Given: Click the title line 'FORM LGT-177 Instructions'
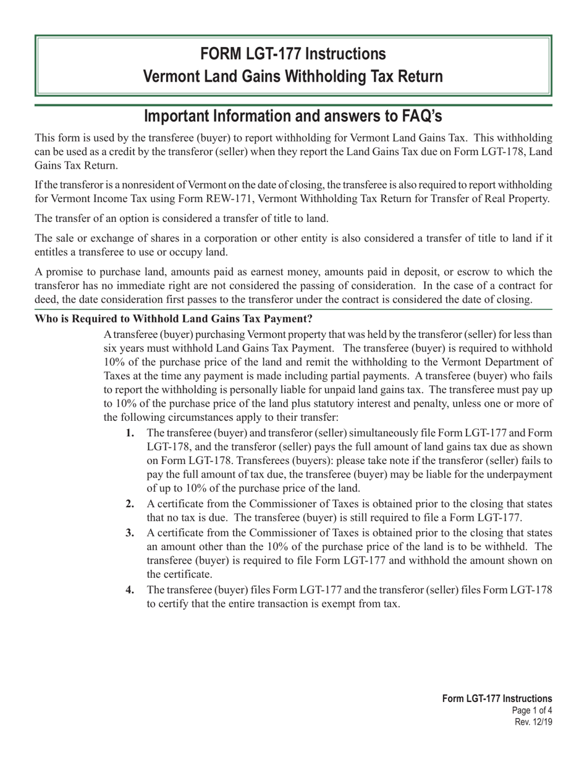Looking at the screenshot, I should pos(293,54).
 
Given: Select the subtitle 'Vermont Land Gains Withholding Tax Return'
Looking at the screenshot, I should pos(293,77).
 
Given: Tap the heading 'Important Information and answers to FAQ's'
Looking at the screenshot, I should pos(293,116).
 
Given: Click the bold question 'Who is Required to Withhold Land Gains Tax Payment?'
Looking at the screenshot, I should pos(174,319).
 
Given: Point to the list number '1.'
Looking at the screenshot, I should pos(130,433).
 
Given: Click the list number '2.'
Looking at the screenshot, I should pos(130,504).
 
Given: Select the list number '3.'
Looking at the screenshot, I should pos(130,533).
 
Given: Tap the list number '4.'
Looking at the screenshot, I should pos(130,589).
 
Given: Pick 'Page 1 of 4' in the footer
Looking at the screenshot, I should pos(533,711).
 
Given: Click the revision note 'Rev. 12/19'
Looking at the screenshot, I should pos(533,722).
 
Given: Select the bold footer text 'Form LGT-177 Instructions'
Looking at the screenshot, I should pos(497,699).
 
